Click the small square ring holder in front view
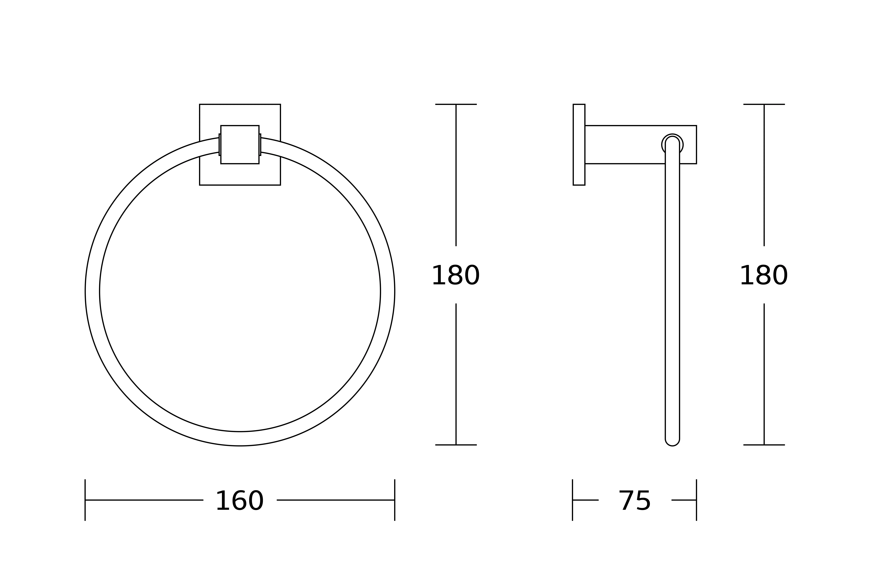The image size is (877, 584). pyautogui.click(x=240, y=145)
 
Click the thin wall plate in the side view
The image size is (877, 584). pyautogui.click(x=579, y=145)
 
